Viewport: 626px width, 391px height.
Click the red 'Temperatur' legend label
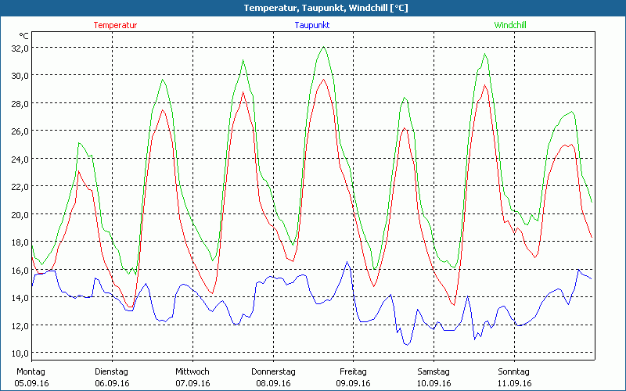[x=115, y=25]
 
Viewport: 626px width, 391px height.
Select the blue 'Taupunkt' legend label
[x=312, y=25]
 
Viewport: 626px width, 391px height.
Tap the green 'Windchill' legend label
[x=509, y=25]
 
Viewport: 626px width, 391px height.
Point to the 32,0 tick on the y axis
[x=18, y=48]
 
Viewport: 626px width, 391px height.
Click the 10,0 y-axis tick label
[x=18, y=353]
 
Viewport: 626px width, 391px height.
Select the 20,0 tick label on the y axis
[x=18, y=214]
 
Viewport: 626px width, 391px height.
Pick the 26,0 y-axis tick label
[x=18, y=131]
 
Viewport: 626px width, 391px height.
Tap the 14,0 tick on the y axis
[x=18, y=298]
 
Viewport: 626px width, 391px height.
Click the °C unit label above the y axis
[x=23, y=36]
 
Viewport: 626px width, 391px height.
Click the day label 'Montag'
[x=31, y=371]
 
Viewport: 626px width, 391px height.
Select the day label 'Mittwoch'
[x=192, y=371]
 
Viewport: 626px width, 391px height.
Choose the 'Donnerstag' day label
[x=273, y=371]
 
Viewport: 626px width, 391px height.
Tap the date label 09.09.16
[x=353, y=383]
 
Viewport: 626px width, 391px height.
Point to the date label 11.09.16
[x=514, y=383]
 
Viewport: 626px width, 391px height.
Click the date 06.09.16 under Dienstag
[x=112, y=383]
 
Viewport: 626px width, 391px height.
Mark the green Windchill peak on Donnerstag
[x=323, y=48]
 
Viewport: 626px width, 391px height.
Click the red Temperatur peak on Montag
[x=79, y=171]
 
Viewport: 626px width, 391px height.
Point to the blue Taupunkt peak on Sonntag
[x=578, y=270]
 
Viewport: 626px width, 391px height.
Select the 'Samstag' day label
[x=434, y=371]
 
